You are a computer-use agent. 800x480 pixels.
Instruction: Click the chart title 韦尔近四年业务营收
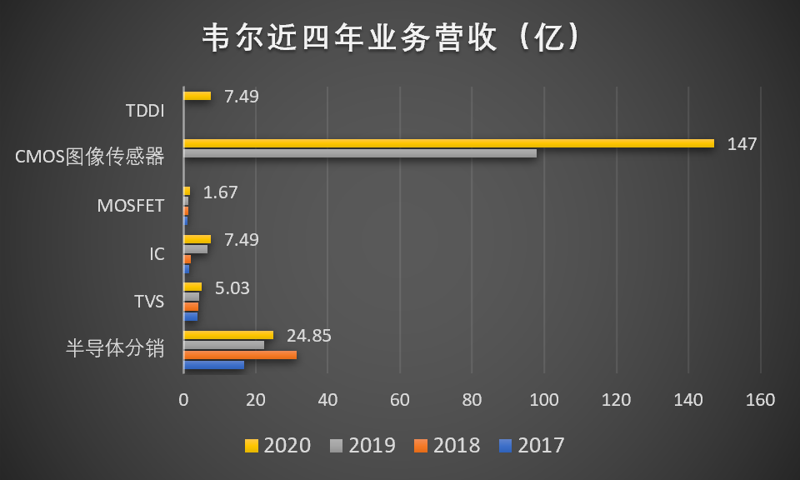(x=392, y=38)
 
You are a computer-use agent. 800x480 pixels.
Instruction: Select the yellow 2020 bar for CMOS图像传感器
(x=448, y=143)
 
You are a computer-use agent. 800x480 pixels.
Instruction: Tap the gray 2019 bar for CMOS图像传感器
(x=359, y=153)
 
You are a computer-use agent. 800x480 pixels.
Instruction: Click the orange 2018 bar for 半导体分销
(x=240, y=355)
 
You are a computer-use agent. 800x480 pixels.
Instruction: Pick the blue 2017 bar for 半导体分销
(x=213, y=365)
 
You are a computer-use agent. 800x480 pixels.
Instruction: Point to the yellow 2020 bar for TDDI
(x=197, y=96)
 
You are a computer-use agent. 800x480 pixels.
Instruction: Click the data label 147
(x=742, y=144)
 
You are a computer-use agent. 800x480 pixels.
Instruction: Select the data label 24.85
(x=309, y=336)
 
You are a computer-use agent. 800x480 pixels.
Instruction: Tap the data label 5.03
(x=232, y=288)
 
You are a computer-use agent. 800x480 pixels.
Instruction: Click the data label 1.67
(x=221, y=192)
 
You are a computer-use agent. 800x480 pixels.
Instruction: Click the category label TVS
(x=149, y=301)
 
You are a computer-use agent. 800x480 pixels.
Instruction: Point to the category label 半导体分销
(x=115, y=348)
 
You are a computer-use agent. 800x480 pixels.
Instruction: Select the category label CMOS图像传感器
(x=90, y=157)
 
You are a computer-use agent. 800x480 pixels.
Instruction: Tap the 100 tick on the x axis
(x=544, y=400)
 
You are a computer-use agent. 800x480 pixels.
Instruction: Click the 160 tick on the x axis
(x=761, y=400)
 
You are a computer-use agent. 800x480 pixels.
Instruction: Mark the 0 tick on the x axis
(x=183, y=400)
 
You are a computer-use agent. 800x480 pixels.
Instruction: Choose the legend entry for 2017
(x=532, y=446)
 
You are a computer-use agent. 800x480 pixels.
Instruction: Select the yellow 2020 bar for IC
(x=197, y=239)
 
